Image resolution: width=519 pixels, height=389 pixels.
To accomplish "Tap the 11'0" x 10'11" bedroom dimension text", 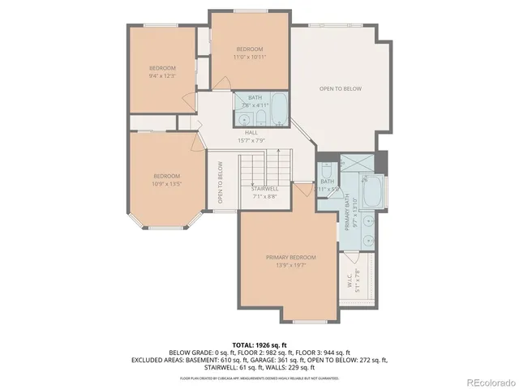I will click(250, 57).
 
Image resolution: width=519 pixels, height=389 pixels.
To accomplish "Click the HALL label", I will click(251, 132).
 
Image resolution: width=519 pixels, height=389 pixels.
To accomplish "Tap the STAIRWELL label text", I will click(264, 188).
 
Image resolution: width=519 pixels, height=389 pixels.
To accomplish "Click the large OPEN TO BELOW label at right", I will click(340, 88).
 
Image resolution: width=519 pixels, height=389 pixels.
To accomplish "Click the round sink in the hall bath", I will click(245, 118).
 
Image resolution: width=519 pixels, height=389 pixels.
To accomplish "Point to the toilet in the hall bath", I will click(261, 118).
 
